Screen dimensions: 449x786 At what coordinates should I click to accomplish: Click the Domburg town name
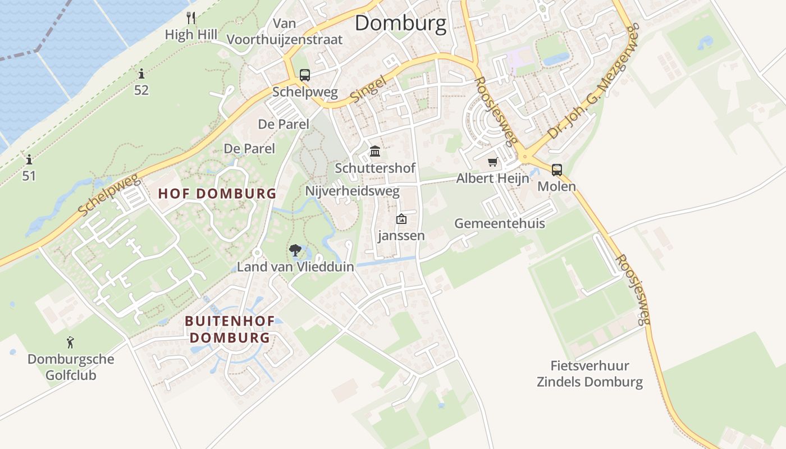[400, 24]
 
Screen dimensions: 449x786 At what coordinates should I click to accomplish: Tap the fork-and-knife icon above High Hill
[191, 17]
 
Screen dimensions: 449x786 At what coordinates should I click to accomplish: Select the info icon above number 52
[141, 74]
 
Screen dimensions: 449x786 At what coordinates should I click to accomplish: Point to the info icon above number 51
[29, 160]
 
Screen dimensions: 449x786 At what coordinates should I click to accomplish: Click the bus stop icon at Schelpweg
[304, 75]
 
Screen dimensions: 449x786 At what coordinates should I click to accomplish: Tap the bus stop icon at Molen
[556, 169]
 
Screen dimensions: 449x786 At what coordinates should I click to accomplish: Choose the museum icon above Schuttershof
[375, 152]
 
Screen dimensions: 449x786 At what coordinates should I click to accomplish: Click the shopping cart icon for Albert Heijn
[492, 162]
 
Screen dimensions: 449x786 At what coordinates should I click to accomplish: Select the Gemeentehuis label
[499, 223]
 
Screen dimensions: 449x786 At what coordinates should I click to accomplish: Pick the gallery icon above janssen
[401, 219]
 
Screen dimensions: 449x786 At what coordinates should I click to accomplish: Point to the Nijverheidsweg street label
[352, 191]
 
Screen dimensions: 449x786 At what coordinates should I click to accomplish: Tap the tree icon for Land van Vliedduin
[295, 250]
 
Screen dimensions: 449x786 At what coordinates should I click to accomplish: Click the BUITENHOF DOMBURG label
[230, 329]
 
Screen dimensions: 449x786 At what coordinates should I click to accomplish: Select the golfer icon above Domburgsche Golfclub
[70, 342]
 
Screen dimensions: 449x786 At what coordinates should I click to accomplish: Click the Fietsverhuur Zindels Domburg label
[589, 374]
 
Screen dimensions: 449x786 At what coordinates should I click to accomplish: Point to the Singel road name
[368, 89]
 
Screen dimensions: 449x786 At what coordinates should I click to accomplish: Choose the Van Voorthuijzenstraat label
[285, 31]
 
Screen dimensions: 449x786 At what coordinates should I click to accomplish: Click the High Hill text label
[191, 35]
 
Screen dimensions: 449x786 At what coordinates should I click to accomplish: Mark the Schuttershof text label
[375, 168]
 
